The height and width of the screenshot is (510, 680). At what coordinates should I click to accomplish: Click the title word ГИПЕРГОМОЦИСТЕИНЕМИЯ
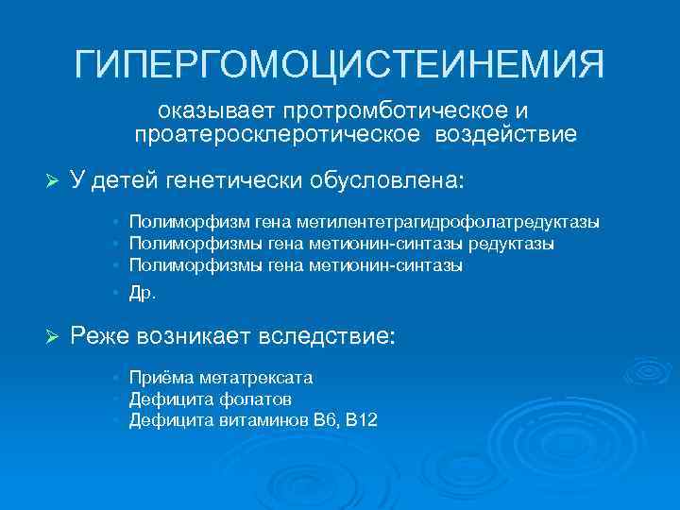(340, 65)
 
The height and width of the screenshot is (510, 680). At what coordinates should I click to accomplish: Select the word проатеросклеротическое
(280, 135)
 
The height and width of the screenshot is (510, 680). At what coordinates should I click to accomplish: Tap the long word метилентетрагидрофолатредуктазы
(447, 223)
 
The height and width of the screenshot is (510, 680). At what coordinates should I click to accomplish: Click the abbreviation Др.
(143, 292)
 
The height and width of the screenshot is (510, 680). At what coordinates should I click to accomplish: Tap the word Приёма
(156, 378)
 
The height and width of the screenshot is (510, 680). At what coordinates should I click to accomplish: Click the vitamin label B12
(361, 419)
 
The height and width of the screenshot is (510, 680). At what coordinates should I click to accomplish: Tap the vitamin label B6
(327, 419)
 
